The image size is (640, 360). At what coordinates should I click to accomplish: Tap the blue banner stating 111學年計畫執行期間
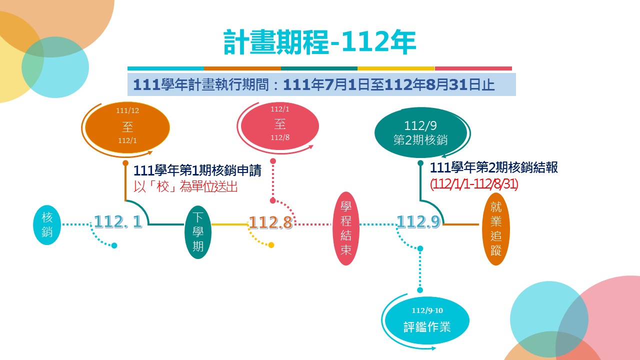pos(321,84)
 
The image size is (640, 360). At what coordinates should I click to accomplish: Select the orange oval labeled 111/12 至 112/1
pos(127,128)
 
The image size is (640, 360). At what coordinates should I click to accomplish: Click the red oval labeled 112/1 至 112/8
pos(280,123)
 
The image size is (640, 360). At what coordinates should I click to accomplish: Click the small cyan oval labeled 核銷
pos(47,225)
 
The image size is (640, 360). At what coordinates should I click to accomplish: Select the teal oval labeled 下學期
pos(198,232)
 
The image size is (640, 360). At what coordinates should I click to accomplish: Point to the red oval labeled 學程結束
pos(346,228)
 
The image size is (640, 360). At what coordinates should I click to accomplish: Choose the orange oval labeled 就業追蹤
pos(495,229)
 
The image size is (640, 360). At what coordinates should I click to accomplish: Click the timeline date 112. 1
pos(118,222)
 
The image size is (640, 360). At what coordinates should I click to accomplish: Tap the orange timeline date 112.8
pos(270,222)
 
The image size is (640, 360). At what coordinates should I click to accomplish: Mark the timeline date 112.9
pos(418,221)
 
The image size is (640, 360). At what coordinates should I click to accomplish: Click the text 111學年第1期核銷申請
pos(197,171)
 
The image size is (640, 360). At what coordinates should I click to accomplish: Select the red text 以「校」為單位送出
pos(185,187)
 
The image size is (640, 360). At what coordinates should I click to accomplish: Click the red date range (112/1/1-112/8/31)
pos(474,184)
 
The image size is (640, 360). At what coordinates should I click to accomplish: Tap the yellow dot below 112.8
pos(271,245)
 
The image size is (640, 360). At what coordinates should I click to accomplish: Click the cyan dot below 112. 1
pos(114,245)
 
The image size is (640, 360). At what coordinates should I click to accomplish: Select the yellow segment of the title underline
pos(396,68)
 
